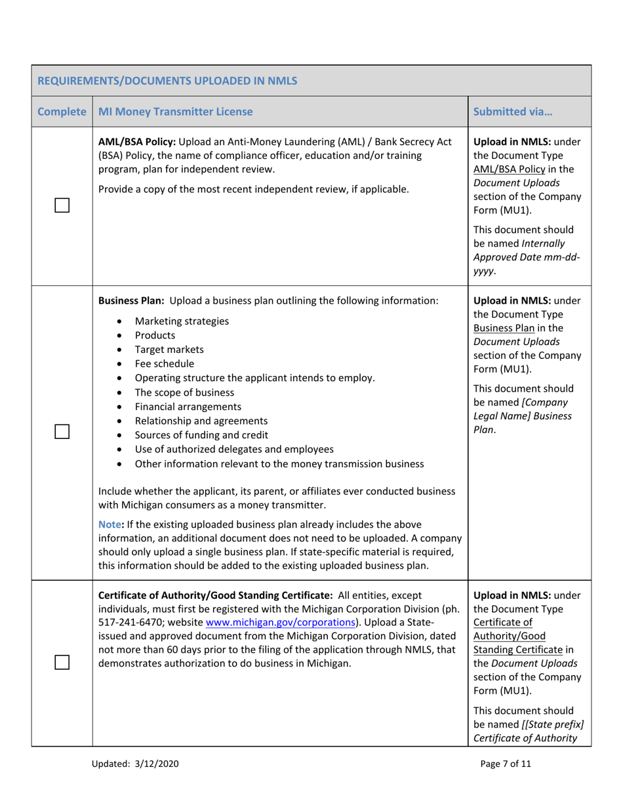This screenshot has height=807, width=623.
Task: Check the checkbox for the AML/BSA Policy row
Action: pyautogui.click(x=62, y=205)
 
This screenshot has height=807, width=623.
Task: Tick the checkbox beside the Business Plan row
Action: pyautogui.click(x=62, y=432)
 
